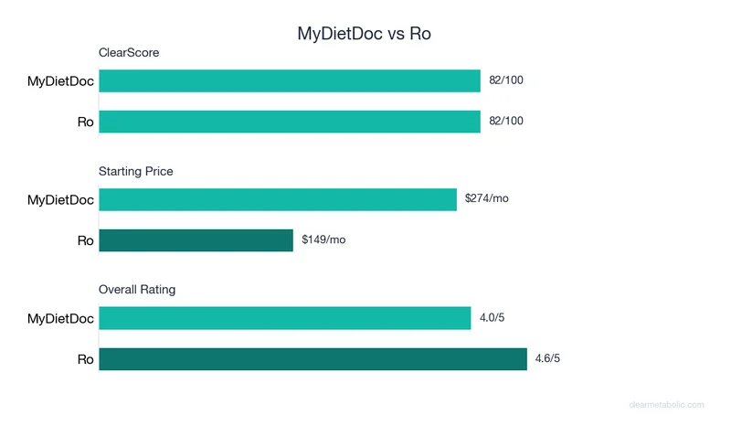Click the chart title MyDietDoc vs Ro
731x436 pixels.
click(364, 34)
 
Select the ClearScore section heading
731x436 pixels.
click(129, 53)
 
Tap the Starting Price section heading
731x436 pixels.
click(135, 171)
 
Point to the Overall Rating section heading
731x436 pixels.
click(137, 290)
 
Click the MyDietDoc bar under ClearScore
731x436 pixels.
click(290, 81)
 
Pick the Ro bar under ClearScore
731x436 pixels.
click(290, 122)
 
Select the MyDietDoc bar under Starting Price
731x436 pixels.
click(278, 199)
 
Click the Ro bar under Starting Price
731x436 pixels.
click(196, 240)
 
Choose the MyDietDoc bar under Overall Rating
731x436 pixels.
click(285, 318)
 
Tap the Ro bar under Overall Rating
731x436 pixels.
click(313, 359)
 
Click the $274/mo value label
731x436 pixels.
click(487, 198)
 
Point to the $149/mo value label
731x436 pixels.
click(324, 240)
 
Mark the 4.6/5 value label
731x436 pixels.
click(547, 359)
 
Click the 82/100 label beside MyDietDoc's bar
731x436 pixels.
click(506, 80)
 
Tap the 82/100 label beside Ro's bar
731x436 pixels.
click(506, 122)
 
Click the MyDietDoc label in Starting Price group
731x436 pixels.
click(60, 200)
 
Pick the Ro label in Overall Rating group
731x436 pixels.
click(85, 360)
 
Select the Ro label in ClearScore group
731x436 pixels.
click(85, 122)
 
